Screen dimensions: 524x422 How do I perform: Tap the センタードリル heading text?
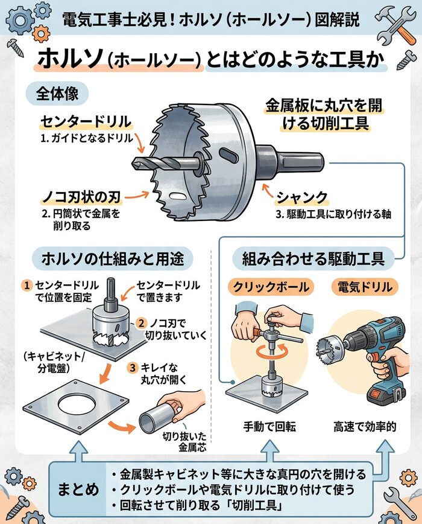click(86, 122)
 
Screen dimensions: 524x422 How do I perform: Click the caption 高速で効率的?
click(365, 427)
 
